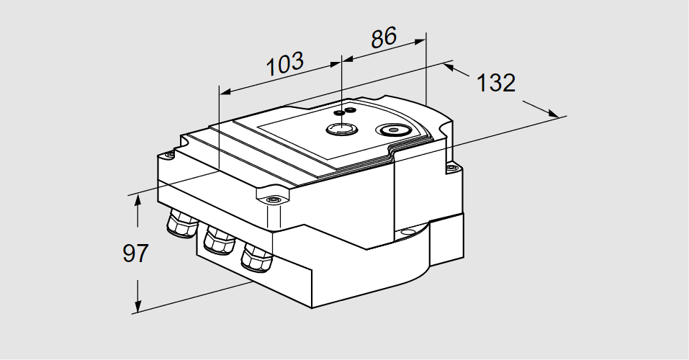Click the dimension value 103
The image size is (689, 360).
pyautogui.click(x=285, y=64)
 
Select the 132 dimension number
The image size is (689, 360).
pyautogui.click(x=497, y=83)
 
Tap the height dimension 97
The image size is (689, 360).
pyautogui.click(x=135, y=253)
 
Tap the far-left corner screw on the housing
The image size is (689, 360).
pyautogui.click(x=169, y=154)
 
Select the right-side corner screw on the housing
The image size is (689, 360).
pyautogui.click(x=451, y=168)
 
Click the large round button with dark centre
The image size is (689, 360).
pyautogui.click(x=394, y=130)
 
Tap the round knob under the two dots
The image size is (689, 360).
pyautogui.click(x=338, y=129)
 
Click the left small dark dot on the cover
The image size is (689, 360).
pyautogui.click(x=339, y=113)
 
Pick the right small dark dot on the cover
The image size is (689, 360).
pyautogui.click(x=351, y=110)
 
